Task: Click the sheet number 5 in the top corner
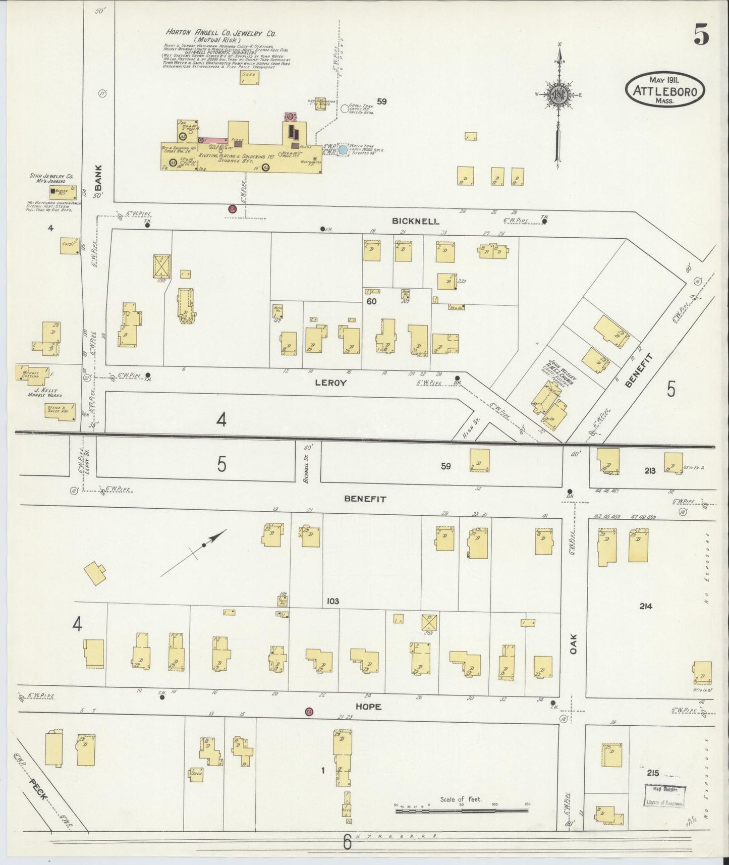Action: tap(701, 35)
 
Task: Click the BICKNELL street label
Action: tap(416, 221)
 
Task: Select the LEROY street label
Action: tap(330, 383)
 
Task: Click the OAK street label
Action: tap(573, 644)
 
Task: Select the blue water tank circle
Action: tap(343, 149)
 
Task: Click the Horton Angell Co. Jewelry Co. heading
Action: tap(221, 33)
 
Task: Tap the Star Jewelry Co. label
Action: tap(51, 179)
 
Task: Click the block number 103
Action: tap(332, 601)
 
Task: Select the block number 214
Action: tap(646, 606)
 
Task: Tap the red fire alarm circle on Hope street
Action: tap(309, 712)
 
